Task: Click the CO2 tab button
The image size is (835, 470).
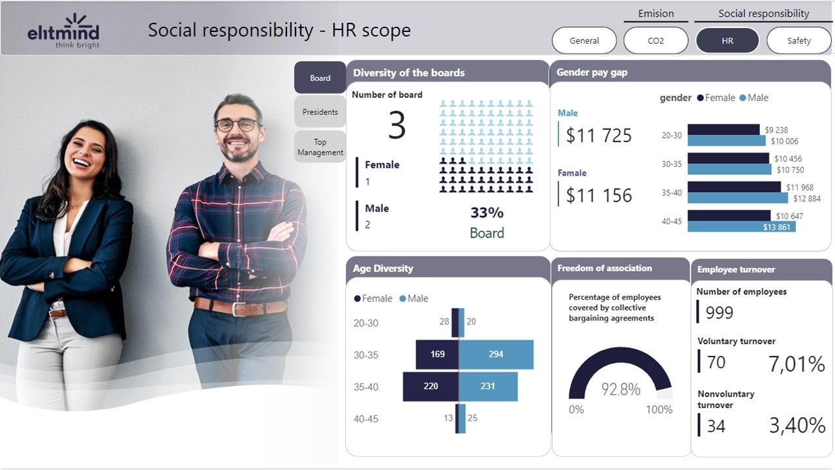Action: point(656,40)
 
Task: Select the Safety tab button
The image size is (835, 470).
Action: point(798,40)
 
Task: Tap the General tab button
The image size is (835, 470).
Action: point(584,40)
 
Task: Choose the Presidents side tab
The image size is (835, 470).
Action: point(320,112)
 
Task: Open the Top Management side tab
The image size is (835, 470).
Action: point(320,147)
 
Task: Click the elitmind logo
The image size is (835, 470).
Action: point(63,31)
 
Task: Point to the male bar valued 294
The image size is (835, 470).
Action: point(496,354)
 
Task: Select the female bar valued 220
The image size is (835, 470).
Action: point(431,386)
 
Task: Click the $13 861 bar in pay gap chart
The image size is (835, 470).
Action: point(741,227)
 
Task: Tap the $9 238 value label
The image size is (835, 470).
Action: point(776,130)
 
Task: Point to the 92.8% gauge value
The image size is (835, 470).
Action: point(620,390)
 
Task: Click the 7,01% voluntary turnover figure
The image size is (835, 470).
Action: point(797,364)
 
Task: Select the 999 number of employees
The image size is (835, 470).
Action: point(720,313)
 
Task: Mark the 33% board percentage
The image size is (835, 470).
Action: point(487,213)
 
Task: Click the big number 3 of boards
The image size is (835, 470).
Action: point(397,125)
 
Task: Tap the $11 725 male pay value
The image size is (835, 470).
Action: point(599,135)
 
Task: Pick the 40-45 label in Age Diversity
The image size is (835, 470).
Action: point(365,419)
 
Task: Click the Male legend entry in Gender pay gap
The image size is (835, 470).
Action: point(754,98)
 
